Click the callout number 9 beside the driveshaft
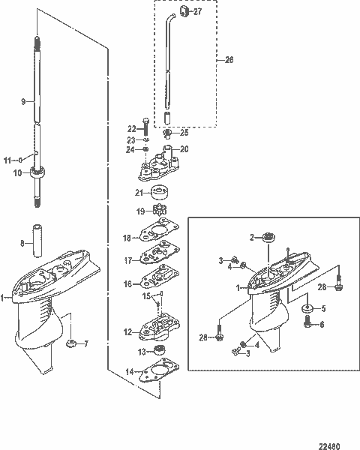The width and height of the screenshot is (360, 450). (x=23, y=100)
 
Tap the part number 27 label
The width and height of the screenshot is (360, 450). (x=196, y=13)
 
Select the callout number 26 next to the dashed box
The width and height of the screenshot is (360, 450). (x=229, y=59)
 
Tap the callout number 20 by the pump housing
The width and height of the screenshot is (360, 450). (x=184, y=149)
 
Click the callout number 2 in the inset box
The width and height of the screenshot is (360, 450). (x=253, y=236)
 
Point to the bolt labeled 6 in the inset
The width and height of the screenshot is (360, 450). (x=309, y=325)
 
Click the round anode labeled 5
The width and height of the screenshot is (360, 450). (x=306, y=307)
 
